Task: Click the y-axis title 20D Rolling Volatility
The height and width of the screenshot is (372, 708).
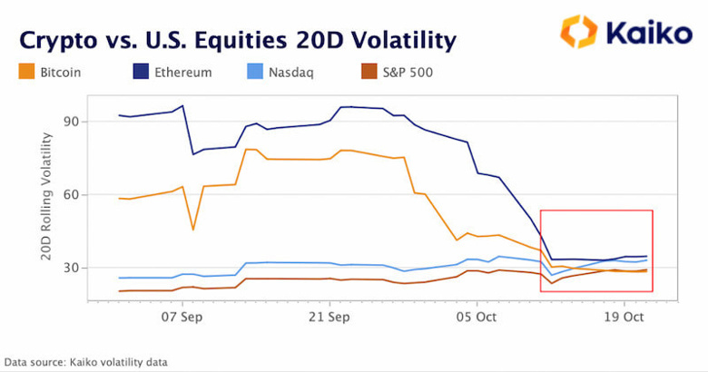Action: coord(46,197)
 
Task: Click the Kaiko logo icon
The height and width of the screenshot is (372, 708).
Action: coord(579,32)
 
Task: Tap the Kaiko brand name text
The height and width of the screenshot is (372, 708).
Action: coord(647,33)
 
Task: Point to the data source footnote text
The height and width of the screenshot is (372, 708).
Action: coord(85,362)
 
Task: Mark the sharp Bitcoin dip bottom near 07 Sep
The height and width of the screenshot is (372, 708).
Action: coord(192,229)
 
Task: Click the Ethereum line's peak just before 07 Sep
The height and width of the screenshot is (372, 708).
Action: coord(182,106)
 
